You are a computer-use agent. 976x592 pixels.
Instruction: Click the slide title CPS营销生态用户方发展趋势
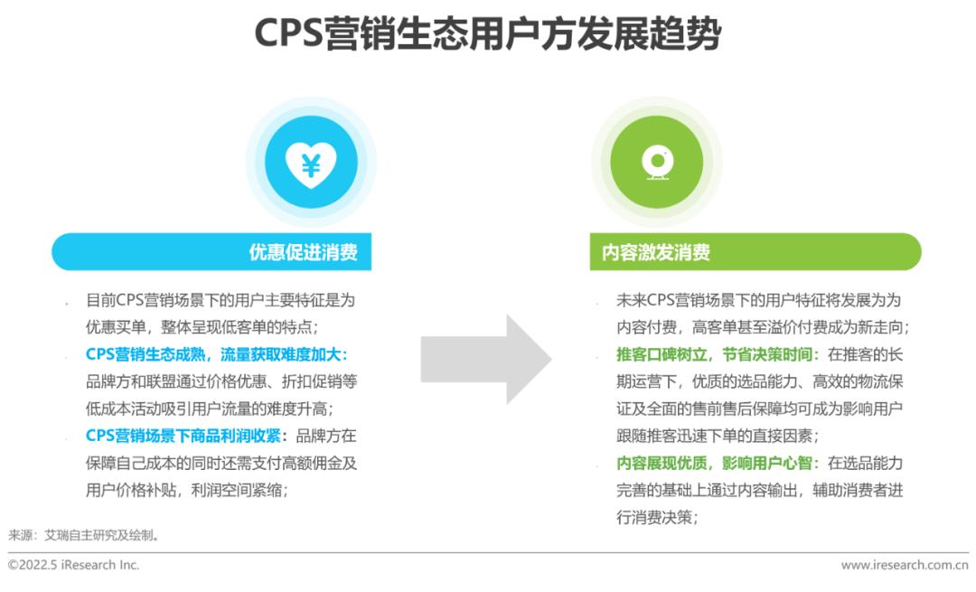tap(487, 33)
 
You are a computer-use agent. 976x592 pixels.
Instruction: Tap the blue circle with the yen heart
tap(311, 162)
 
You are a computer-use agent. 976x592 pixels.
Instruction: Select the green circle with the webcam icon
tap(657, 162)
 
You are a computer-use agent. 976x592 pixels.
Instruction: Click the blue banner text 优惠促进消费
tap(303, 252)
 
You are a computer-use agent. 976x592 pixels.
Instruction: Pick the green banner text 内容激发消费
tap(655, 252)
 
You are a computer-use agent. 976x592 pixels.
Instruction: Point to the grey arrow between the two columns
tap(485, 359)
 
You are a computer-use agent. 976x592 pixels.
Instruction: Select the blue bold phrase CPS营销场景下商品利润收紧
tap(183, 436)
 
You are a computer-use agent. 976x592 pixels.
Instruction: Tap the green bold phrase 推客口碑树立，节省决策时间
tap(715, 354)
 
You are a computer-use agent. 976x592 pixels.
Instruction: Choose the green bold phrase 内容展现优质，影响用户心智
tap(715, 463)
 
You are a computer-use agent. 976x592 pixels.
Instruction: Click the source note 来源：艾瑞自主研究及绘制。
tap(85, 535)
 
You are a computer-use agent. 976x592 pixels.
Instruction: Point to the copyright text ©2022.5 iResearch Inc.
tap(73, 565)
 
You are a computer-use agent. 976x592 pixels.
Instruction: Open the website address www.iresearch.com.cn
tap(905, 565)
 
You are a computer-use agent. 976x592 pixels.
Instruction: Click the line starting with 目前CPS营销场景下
tap(221, 300)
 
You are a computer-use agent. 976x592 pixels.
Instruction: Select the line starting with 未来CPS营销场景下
tap(758, 300)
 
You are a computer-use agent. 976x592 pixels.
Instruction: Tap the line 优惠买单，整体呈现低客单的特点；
tap(202, 327)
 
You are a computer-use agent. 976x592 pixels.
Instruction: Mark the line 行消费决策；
tap(658, 517)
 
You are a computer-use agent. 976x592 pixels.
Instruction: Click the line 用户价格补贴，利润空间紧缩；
tap(187, 490)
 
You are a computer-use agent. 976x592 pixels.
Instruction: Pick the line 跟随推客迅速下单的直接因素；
tap(718, 435)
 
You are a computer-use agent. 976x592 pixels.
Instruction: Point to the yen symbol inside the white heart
tap(311, 164)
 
